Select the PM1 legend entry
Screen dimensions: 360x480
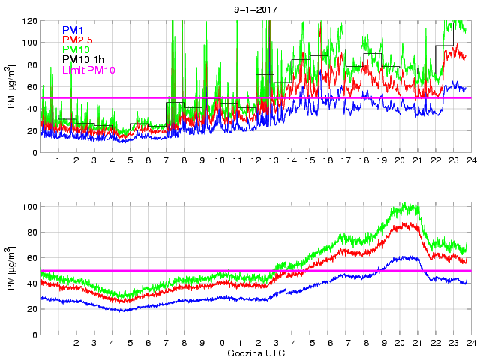[74, 30]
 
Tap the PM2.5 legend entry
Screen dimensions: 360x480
[79, 40]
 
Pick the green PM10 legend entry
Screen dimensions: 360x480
[76, 49]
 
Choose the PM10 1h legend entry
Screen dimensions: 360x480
[83, 59]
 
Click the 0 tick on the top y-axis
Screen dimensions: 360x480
[34, 153]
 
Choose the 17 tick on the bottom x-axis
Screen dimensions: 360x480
[345, 343]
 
